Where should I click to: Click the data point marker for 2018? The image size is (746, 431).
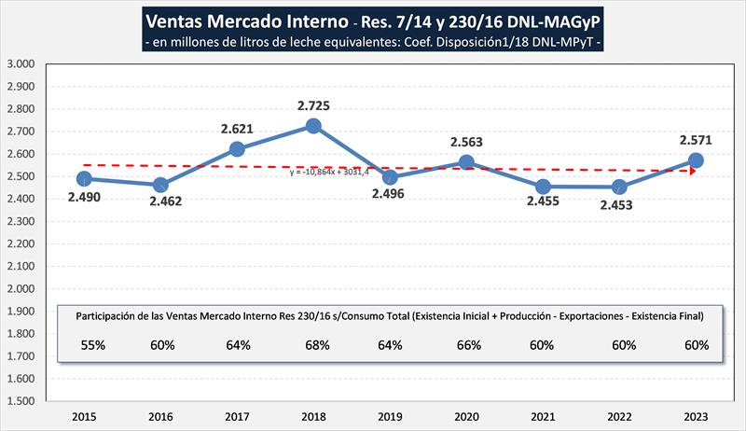coord(313,126)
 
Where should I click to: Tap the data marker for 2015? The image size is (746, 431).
coord(84,178)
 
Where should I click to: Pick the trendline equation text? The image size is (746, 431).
coord(330,172)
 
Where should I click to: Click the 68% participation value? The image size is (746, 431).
coord(313,345)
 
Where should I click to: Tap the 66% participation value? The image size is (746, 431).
coord(466,345)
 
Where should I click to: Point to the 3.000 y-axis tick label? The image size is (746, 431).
coord(21,64)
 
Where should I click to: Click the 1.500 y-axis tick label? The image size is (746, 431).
coord(21,401)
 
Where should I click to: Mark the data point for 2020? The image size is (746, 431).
coord(466,162)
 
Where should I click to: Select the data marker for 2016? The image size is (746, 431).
coord(160,185)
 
